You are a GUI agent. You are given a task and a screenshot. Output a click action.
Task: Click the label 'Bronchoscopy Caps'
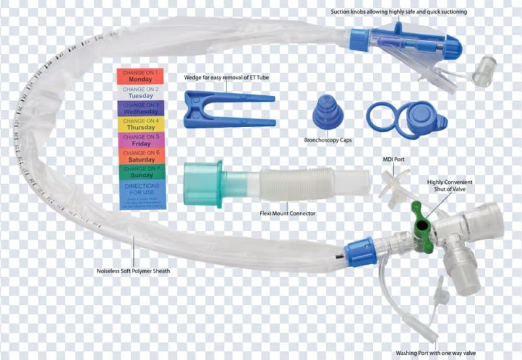click(328, 140)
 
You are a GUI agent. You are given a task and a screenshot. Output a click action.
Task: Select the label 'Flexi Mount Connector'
click(287, 213)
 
